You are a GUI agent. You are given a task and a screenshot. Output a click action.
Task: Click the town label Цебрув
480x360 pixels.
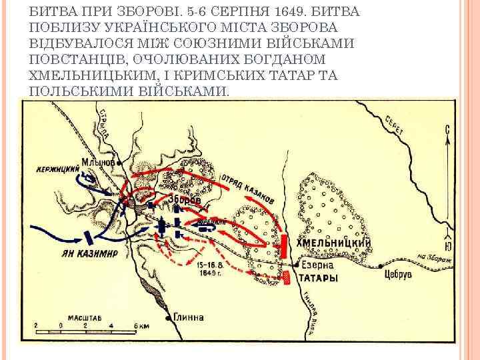pos(399,273)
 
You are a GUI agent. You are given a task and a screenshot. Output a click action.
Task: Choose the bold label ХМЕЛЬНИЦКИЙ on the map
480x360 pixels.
pos(333,243)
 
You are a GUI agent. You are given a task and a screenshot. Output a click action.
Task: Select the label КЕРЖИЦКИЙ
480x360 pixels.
pos(58,169)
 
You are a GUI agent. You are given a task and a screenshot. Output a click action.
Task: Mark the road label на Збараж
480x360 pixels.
pos(437,258)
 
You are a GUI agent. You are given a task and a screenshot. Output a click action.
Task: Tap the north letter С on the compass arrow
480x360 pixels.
pos(448,129)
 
